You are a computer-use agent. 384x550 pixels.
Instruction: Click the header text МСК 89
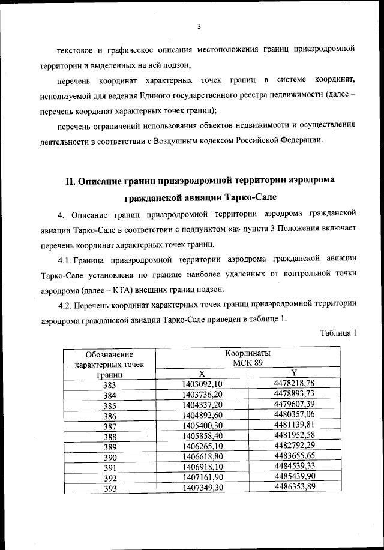tap(248, 363)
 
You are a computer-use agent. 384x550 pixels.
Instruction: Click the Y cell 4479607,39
tap(294, 405)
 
